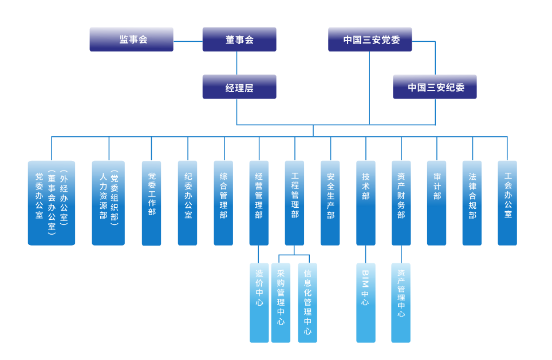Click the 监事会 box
click(131, 39)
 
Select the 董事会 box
click(239, 39)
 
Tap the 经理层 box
click(239, 87)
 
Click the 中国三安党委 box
click(370, 39)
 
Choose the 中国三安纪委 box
click(435, 87)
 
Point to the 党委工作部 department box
click(151, 203)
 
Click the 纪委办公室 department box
click(187, 203)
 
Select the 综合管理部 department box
click(223, 203)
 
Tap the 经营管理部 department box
click(259, 203)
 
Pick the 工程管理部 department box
click(294, 203)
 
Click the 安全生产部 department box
click(330, 203)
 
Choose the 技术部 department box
click(366, 203)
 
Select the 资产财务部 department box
click(401, 203)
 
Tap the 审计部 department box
click(436, 203)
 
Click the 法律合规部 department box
click(472, 203)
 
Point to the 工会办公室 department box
click(507, 203)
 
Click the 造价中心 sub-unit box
click(259, 303)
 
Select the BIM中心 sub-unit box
click(366, 303)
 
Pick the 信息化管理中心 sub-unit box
click(307, 303)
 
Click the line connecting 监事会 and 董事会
click(188, 41)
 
